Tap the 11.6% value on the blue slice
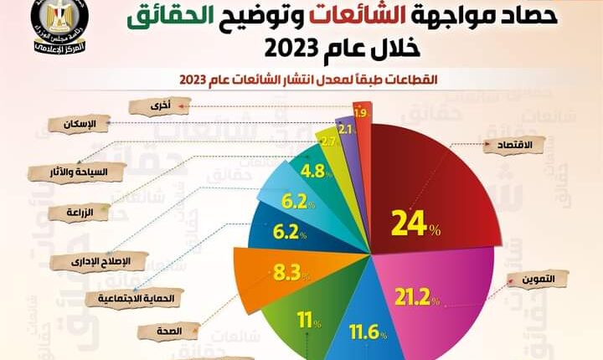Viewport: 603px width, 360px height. coord(368,333)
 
